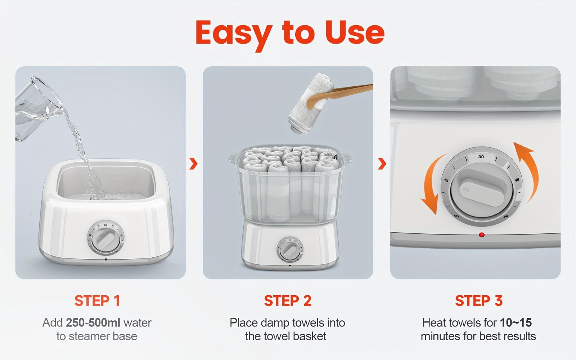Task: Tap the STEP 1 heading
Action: click(97, 301)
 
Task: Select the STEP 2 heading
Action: click(288, 301)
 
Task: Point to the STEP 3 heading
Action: click(479, 301)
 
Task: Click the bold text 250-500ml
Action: click(93, 323)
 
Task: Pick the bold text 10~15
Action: click(516, 323)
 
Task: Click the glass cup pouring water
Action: click(39, 108)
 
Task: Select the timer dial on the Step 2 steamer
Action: click(290, 249)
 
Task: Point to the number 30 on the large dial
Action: click(481, 157)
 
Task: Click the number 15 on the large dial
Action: click(446, 180)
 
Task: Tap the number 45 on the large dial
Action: click(517, 180)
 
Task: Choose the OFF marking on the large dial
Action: click(457, 216)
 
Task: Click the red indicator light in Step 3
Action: click(482, 234)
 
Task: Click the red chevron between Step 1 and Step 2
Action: click(193, 163)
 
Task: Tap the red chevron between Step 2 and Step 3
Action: click(382, 163)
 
